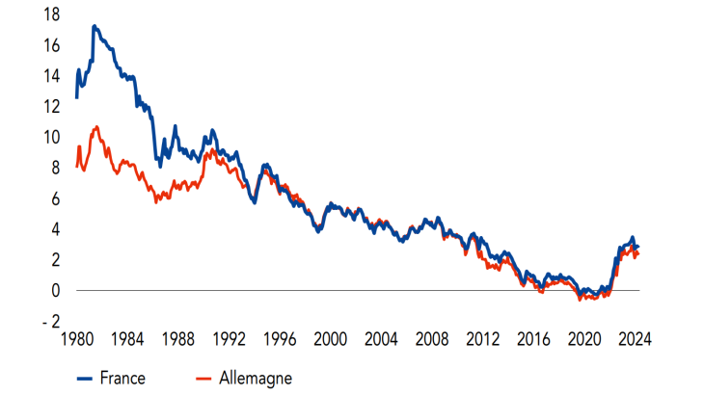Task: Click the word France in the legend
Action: [x=122, y=379]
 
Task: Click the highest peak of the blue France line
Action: [x=94, y=26]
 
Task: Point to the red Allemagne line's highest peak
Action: [x=96, y=126]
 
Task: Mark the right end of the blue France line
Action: [x=636, y=247]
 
